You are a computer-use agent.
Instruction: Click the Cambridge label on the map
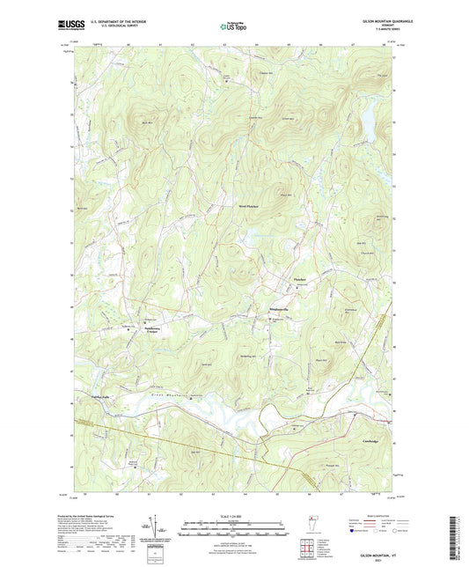(x=369, y=440)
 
